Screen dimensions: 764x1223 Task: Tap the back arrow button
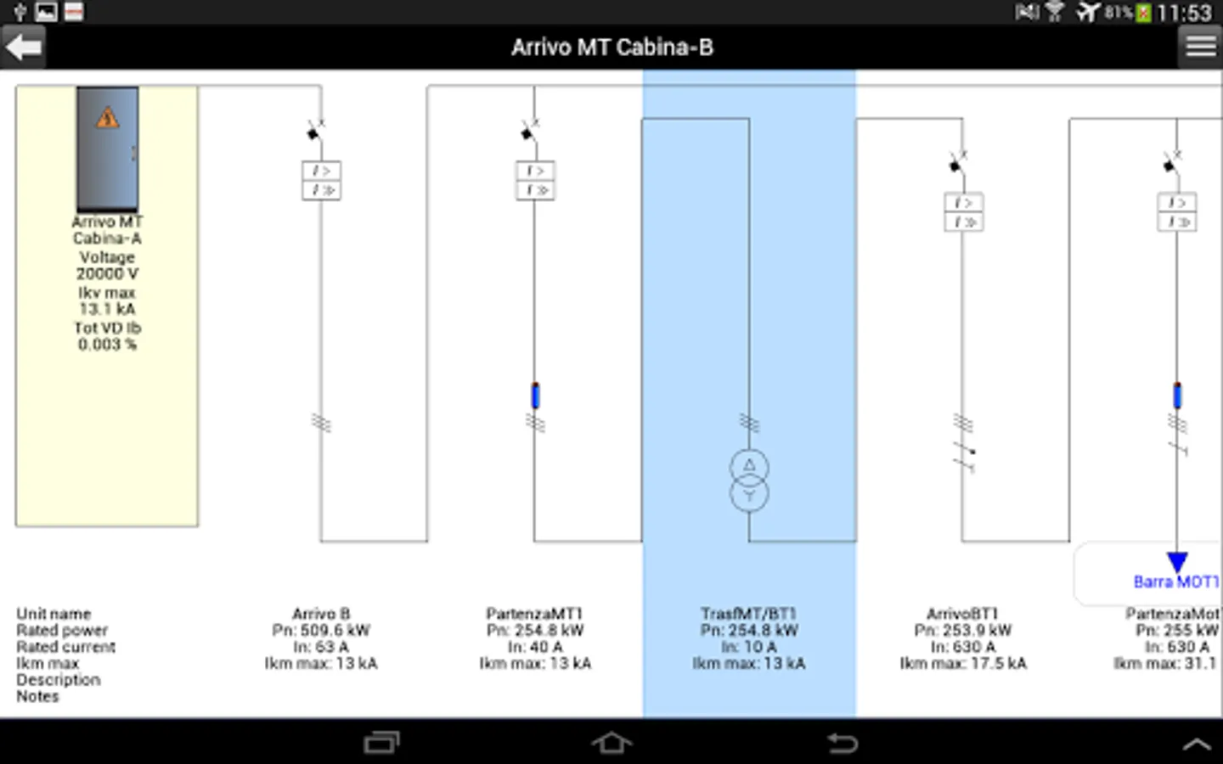coord(23,47)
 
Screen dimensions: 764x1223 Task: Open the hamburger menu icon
coord(1200,47)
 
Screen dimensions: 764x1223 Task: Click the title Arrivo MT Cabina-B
coord(611,48)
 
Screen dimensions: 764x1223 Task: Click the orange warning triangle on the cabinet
coord(107,118)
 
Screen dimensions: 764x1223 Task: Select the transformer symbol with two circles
coord(749,480)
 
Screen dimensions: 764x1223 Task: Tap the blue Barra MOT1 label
coord(1175,582)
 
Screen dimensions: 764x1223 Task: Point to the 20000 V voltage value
coord(107,274)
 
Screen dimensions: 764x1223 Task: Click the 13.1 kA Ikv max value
coord(107,309)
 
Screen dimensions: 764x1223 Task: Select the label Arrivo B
coord(321,614)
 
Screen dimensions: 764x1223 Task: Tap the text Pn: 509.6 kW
coord(321,631)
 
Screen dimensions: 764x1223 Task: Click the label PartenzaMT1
coord(534,614)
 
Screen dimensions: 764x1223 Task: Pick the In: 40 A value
coord(534,647)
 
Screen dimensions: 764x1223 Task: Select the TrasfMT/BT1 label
coord(748,614)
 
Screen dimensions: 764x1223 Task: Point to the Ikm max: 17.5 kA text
coord(963,664)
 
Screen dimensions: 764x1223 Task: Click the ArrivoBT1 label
coord(962,614)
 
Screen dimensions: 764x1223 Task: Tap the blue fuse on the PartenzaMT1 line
coord(535,396)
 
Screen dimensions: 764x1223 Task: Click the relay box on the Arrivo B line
coord(321,180)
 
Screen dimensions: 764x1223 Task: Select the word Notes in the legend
coord(38,697)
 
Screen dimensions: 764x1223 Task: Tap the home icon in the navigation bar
coord(611,743)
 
